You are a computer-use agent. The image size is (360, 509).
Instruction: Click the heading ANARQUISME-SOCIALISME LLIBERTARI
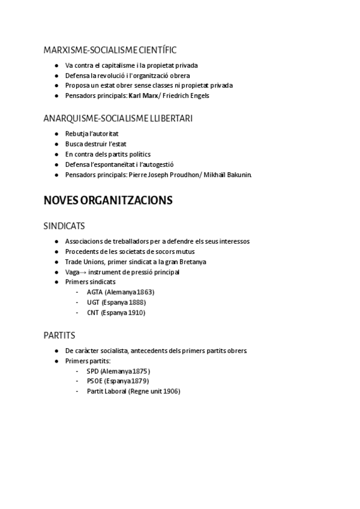coord(118,118)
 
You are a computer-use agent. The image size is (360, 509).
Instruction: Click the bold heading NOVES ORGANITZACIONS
coord(108,200)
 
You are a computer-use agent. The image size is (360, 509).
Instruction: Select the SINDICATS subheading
coord(64,226)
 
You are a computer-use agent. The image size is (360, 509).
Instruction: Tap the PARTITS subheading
coord(59,335)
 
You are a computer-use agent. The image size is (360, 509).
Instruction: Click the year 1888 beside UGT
coord(137,303)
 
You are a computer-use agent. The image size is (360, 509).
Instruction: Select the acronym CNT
coord(93,313)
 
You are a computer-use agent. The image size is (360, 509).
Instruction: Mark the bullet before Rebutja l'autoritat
coord(56,134)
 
